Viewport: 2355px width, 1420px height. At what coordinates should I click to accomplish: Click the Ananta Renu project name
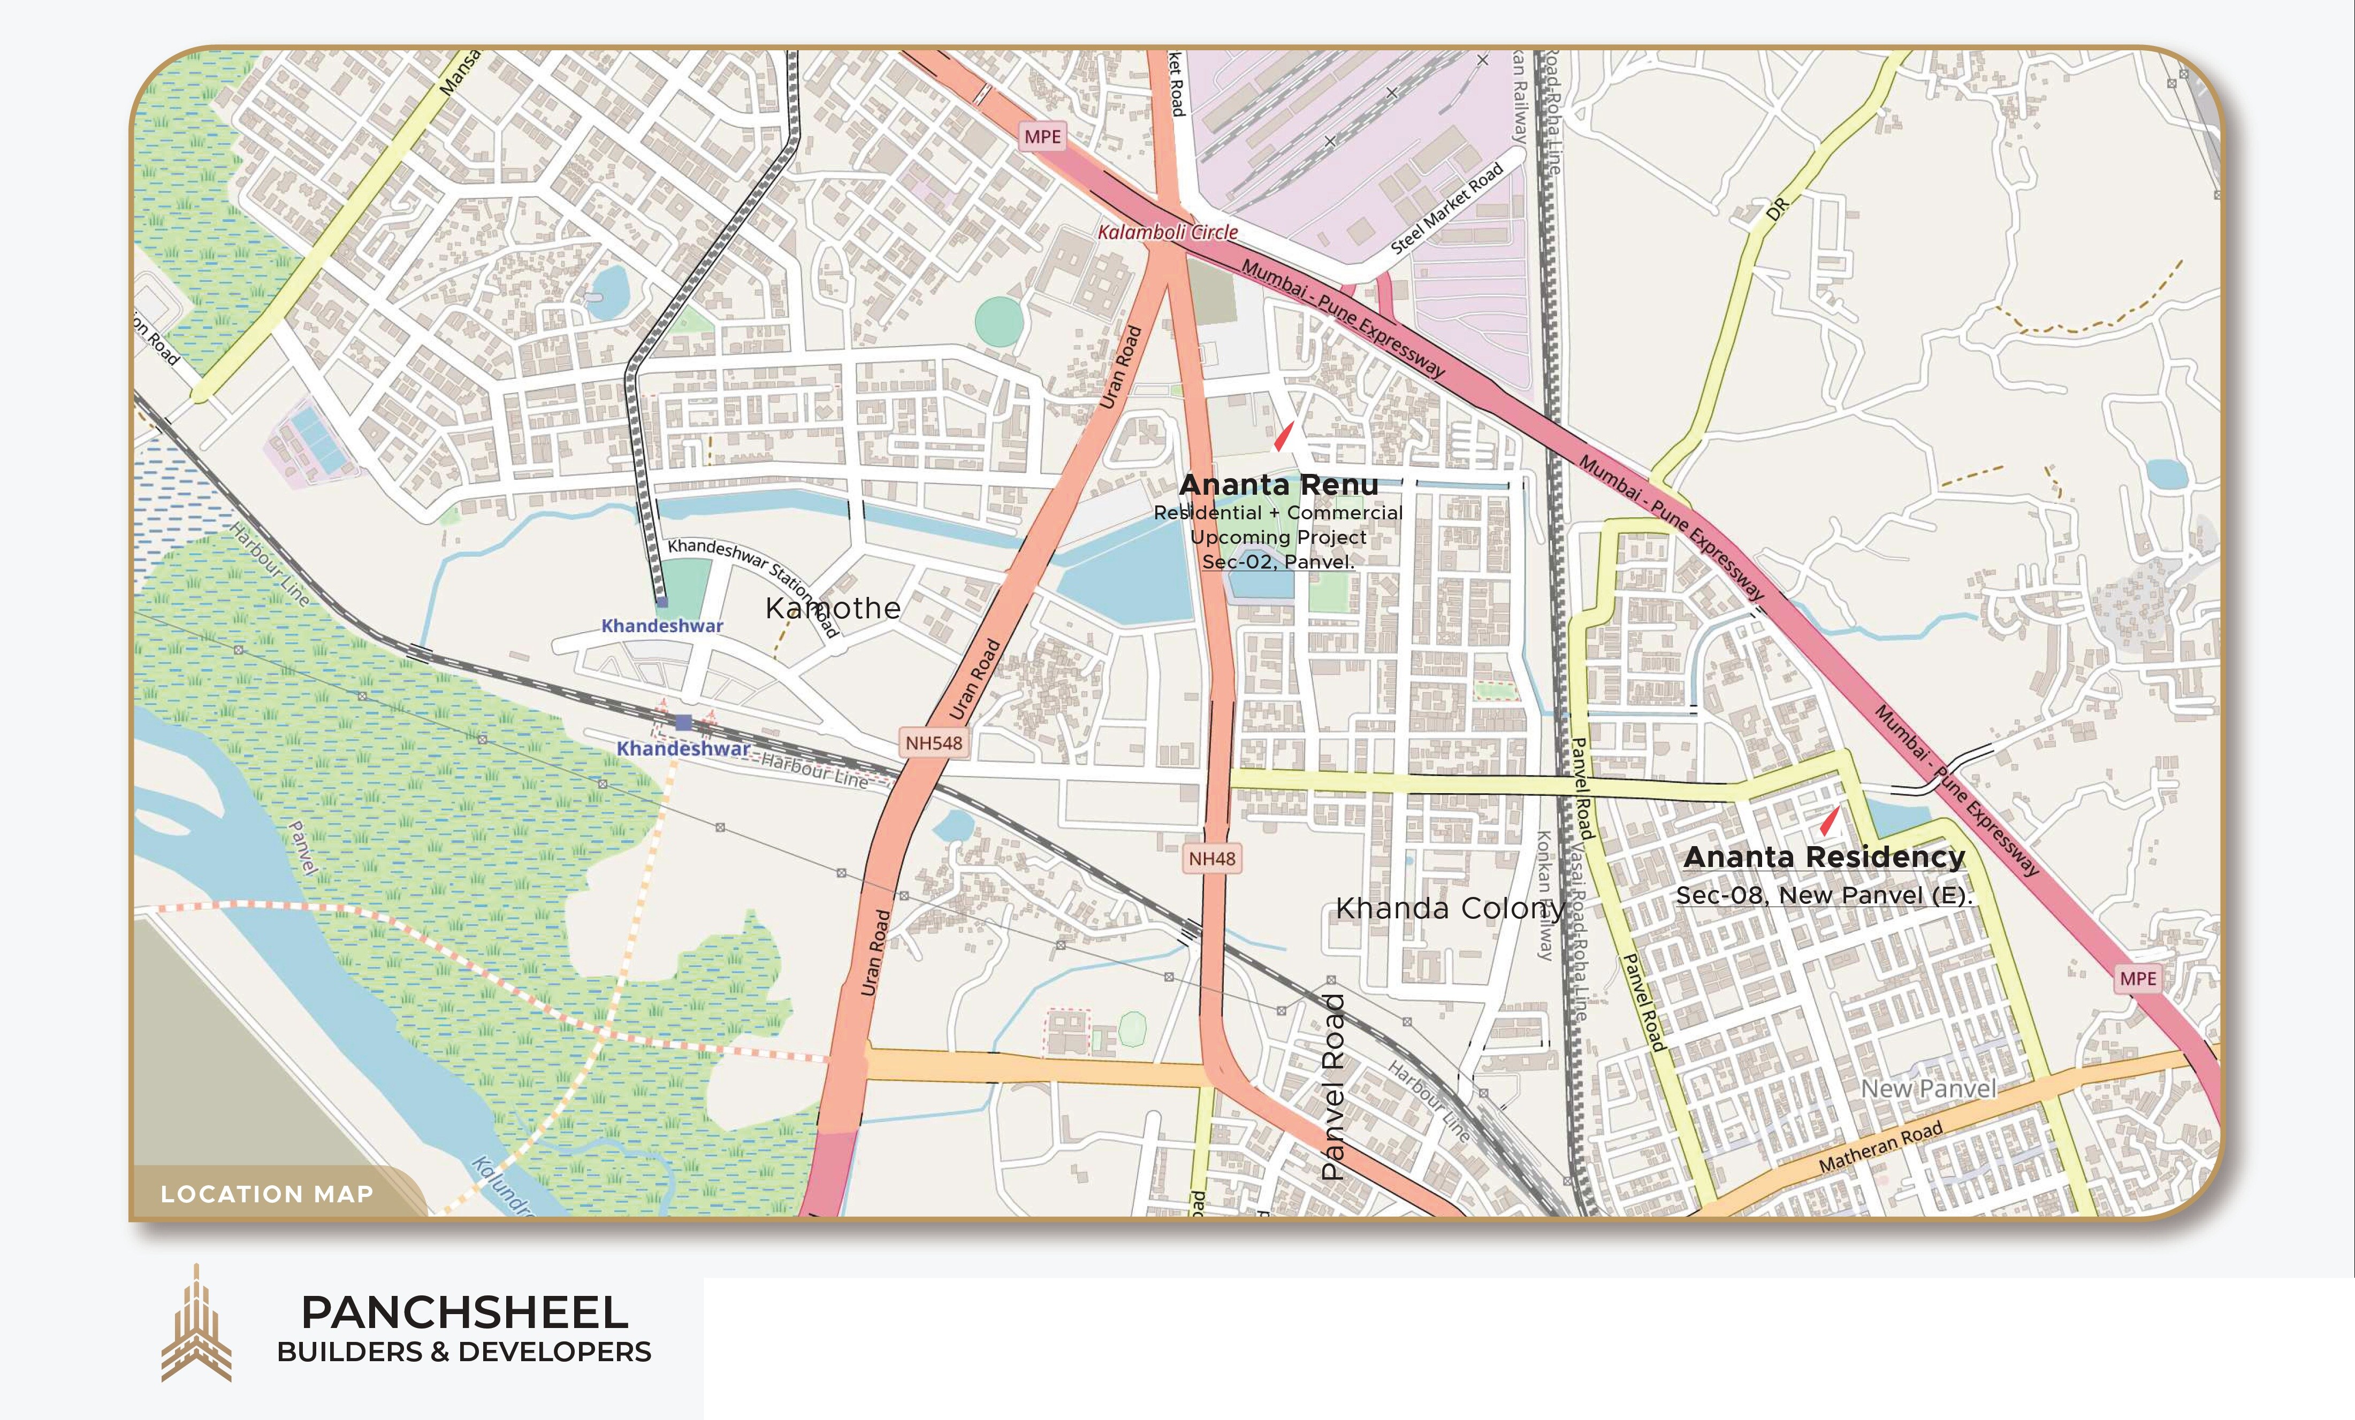click(x=1278, y=486)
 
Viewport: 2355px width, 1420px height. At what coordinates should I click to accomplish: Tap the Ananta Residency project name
click(x=1824, y=857)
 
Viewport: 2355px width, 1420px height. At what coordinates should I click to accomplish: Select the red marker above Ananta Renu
click(x=1284, y=437)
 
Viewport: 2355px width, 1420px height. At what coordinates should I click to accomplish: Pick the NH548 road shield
click(x=934, y=742)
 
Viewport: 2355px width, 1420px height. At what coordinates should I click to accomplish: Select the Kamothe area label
click(x=833, y=608)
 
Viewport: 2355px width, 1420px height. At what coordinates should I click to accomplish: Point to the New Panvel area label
click(x=1928, y=1088)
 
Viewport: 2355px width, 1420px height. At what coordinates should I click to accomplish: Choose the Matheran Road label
click(x=1879, y=1148)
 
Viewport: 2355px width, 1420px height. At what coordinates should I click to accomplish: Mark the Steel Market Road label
click(x=1446, y=208)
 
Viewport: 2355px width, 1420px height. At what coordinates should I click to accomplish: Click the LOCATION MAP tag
click(x=266, y=1194)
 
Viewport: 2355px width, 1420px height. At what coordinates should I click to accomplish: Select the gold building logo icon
click(x=196, y=1324)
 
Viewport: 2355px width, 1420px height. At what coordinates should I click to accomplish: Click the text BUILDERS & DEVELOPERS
click(x=464, y=1352)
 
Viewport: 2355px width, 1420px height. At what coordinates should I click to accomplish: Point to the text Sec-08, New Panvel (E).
click(x=1824, y=895)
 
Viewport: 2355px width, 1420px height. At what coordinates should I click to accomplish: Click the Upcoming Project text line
click(x=1278, y=537)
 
